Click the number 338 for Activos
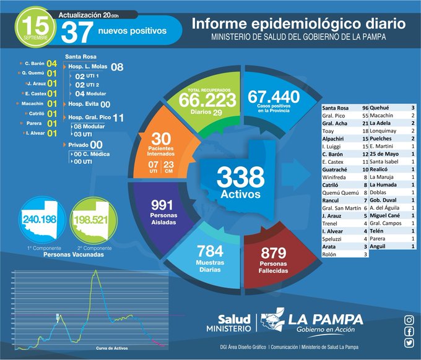point(236,178)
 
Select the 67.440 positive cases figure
point(273,96)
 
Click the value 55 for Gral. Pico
point(365,116)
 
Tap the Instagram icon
point(409,320)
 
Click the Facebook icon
point(409,331)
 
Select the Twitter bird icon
point(409,343)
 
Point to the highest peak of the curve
point(95,271)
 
